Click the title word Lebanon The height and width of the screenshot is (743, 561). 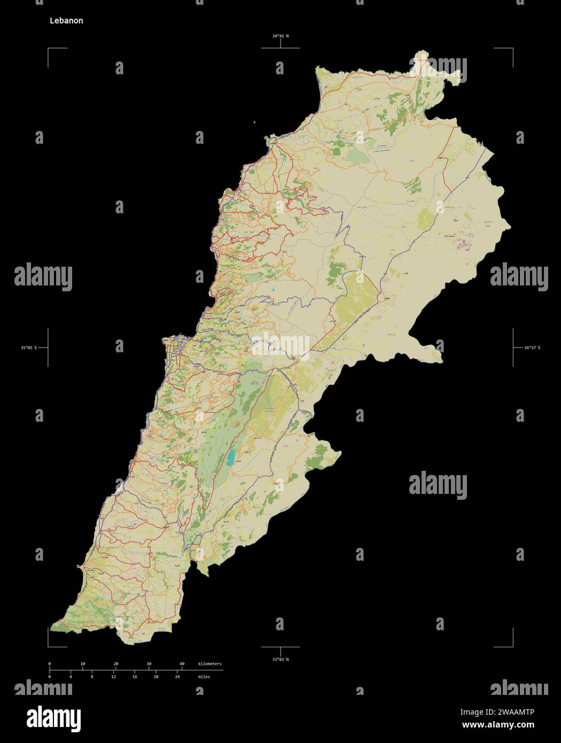pyautogui.click(x=66, y=21)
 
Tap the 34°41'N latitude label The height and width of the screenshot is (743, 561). pyautogui.click(x=280, y=36)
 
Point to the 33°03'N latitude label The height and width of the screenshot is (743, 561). pyautogui.click(x=280, y=659)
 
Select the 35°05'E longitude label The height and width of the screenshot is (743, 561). pyautogui.click(x=29, y=348)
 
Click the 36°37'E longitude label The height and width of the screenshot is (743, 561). pyautogui.click(x=532, y=348)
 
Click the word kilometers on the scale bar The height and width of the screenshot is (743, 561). pyautogui.click(x=209, y=663)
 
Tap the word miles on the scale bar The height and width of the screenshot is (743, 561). pyautogui.click(x=204, y=677)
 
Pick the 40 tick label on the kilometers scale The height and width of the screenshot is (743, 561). pyautogui.click(x=182, y=663)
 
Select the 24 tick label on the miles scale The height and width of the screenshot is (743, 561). pyautogui.click(x=177, y=677)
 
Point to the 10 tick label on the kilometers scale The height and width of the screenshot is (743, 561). pyautogui.click(x=83, y=663)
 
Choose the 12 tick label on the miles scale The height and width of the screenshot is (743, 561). pyautogui.click(x=113, y=677)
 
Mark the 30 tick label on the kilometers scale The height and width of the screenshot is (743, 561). pyautogui.click(x=149, y=663)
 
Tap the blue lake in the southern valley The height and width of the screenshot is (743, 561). pyautogui.click(x=231, y=458)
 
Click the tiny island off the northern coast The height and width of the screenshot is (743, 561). pyautogui.click(x=255, y=122)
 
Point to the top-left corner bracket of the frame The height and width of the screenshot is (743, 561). pyautogui.click(x=49, y=49)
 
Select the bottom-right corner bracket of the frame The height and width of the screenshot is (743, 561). pyautogui.click(x=512, y=645)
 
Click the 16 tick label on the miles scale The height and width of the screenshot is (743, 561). pyautogui.click(x=135, y=677)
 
